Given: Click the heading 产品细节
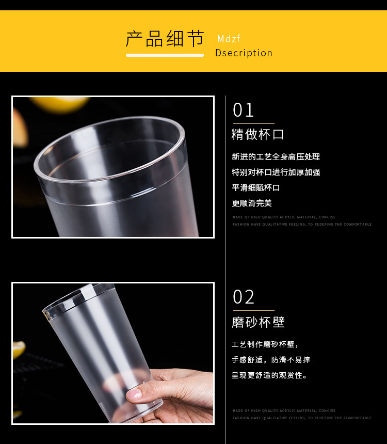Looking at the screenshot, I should pos(165,39).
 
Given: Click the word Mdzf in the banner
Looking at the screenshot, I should pos(229,39).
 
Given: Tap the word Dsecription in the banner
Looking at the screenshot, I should pos(244,53).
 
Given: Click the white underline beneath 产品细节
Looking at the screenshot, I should pos(165,55).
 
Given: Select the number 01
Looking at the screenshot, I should pos(244,110).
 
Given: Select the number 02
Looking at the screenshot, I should pos(244,297).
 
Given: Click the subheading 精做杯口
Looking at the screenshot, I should pos(257,135).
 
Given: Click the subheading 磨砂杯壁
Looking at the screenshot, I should pos(258,322).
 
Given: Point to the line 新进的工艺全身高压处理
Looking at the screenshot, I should pos(276,157).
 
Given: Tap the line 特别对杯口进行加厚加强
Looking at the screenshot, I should pos(276,172).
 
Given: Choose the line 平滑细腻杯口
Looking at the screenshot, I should pos(256,188).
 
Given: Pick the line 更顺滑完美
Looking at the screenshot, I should pos(252,203).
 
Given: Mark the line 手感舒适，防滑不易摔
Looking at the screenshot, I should pos(271,360).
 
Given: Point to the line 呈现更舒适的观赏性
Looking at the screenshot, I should pos(269,375).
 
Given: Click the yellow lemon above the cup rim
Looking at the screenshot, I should pos(59,104).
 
